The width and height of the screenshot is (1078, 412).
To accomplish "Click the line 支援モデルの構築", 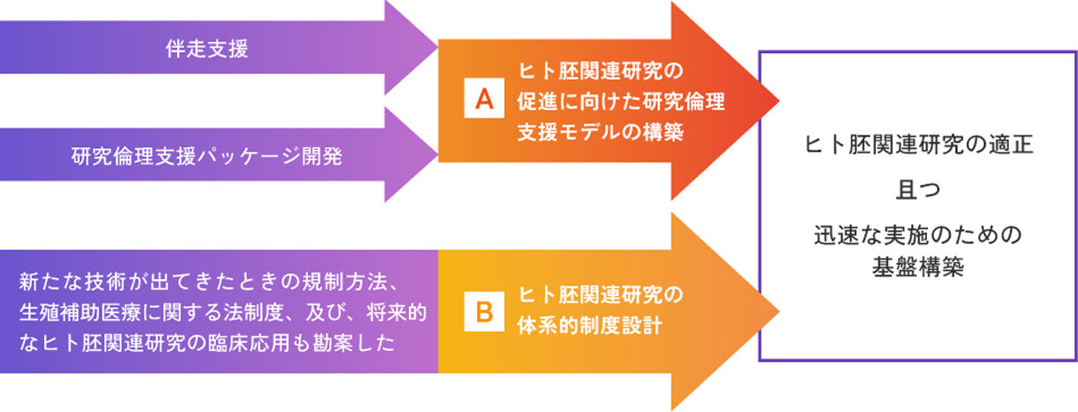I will click(x=601, y=131).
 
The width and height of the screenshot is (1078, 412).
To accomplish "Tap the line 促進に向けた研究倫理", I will click(x=621, y=101).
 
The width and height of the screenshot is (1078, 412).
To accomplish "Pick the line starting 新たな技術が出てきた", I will click(x=215, y=285).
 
